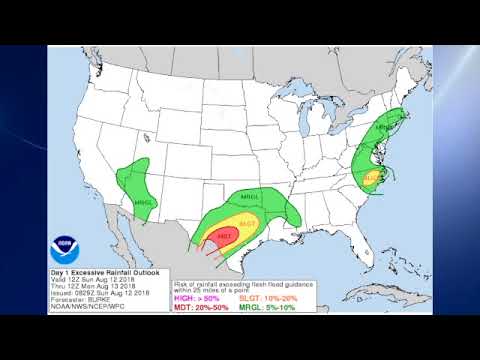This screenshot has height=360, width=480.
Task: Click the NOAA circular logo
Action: coord(67,243)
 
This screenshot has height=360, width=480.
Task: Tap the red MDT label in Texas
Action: coord(224,236)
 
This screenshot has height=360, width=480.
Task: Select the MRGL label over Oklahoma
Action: coord(250,197)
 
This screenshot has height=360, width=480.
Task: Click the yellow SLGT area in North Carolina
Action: coord(371,177)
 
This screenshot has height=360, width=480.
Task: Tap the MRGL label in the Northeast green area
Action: coord(384,128)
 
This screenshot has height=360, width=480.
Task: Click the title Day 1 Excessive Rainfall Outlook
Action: coord(106,273)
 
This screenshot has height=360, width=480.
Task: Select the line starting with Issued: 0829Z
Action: coord(101,291)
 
